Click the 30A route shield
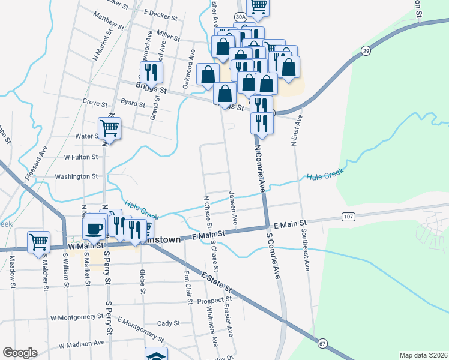pos(240,17)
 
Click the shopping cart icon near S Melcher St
pos(38,241)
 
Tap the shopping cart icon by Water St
pos(110,127)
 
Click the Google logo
pos(20,353)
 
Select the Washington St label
pos(76,176)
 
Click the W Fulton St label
pos(81,157)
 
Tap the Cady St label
pos(169,323)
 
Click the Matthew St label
pos(109,22)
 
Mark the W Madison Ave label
pos(82,344)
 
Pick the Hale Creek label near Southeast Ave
pos(324,176)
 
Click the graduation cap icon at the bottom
pos(156,355)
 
